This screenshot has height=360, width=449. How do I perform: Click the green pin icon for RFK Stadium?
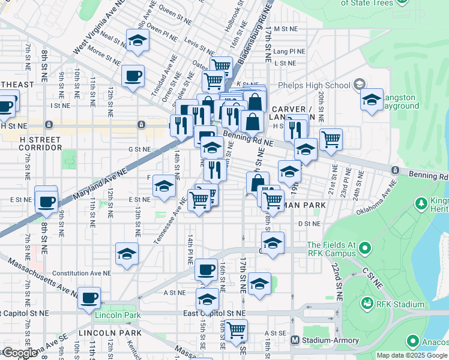(367, 304)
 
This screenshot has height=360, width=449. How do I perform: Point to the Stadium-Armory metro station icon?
(295, 340)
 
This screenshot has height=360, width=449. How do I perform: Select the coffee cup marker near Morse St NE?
(133, 76)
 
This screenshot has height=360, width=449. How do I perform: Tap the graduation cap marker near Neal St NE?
(137, 41)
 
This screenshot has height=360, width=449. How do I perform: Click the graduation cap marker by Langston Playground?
(372, 100)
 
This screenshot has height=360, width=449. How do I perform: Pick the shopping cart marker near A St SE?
(237, 329)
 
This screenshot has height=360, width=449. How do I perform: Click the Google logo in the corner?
(19, 353)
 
